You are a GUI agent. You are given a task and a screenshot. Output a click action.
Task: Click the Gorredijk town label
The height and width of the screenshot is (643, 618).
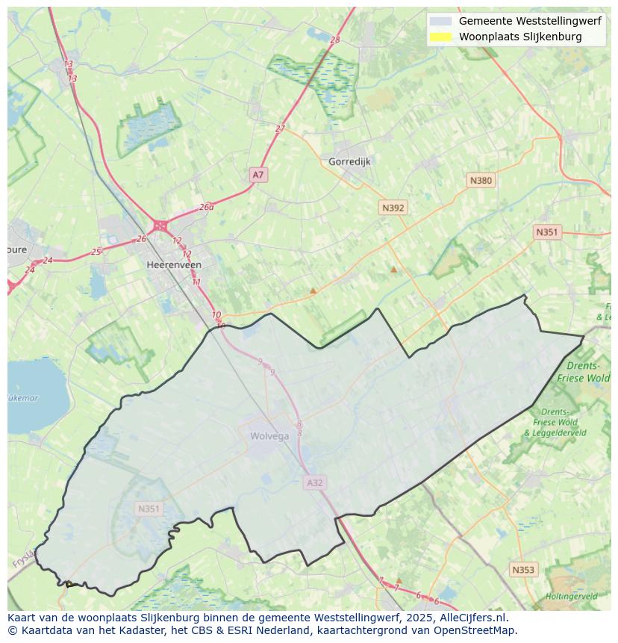click(x=349, y=161)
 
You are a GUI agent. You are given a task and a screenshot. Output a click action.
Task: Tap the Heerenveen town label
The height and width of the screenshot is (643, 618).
click(x=174, y=264)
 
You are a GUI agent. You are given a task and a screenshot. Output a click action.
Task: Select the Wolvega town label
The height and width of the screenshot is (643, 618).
click(x=269, y=436)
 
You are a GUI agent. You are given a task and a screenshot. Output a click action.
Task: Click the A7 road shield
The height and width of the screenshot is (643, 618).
click(x=257, y=175)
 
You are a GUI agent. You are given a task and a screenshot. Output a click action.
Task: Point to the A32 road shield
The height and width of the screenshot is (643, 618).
click(x=315, y=483)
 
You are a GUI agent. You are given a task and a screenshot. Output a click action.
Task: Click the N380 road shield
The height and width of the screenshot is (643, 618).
click(x=481, y=180)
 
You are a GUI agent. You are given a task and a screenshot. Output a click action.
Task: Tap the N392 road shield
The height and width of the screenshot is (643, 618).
click(x=393, y=208)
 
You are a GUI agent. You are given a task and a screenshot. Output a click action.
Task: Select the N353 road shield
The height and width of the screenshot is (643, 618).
click(x=523, y=570)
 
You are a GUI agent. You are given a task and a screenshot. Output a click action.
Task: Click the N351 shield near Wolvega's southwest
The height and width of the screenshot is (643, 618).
click(x=149, y=509)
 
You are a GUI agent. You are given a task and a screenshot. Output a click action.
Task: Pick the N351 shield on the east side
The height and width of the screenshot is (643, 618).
click(x=546, y=232)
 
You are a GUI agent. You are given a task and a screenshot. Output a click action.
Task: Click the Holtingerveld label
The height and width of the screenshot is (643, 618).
click(x=571, y=597)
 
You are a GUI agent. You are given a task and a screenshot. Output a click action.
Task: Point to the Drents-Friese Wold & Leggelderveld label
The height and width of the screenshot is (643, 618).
click(x=555, y=422)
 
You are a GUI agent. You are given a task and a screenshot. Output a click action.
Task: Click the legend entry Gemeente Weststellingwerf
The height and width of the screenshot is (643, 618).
click(x=529, y=21)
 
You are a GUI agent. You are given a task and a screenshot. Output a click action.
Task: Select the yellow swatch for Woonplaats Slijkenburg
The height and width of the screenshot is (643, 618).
click(x=441, y=37)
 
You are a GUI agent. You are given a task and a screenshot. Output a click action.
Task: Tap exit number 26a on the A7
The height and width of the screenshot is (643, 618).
click(x=207, y=207)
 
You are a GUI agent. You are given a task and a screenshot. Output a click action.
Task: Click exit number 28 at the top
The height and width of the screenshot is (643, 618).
click(x=334, y=40)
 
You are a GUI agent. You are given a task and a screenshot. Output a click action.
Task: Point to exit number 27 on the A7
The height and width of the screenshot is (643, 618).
click(x=280, y=128)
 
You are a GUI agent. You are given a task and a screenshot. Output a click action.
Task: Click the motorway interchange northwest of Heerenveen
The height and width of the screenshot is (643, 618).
click(x=160, y=225)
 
